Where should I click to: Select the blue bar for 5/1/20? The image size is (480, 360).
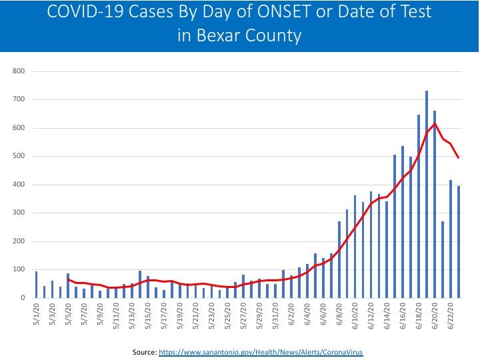click(36, 285)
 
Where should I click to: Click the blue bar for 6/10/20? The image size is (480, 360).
click(355, 247)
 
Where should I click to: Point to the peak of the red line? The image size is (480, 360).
click(435, 124)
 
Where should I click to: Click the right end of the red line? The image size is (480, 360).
click(459, 157)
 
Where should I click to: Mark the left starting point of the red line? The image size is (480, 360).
click(68, 279)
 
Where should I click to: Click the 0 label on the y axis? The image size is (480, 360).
click(23, 298)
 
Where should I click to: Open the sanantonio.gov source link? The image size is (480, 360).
click(261, 351)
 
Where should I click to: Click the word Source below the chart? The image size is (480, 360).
click(143, 351)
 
